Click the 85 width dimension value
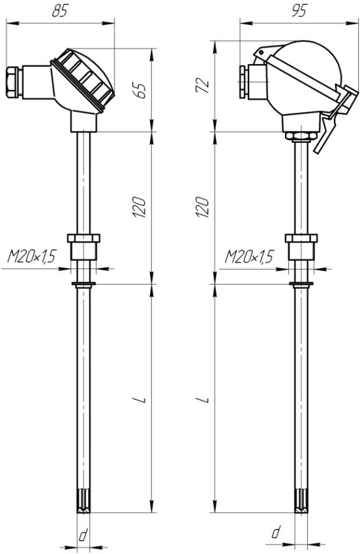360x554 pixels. tap(59, 11)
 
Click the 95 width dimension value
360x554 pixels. tap(298, 11)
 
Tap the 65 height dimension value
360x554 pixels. tap(140, 91)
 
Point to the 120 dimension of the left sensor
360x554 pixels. tap(140, 208)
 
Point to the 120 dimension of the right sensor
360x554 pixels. tap(202, 208)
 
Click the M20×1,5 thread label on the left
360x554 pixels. tap(31, 256)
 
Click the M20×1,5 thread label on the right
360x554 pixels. tap(249, 256)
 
